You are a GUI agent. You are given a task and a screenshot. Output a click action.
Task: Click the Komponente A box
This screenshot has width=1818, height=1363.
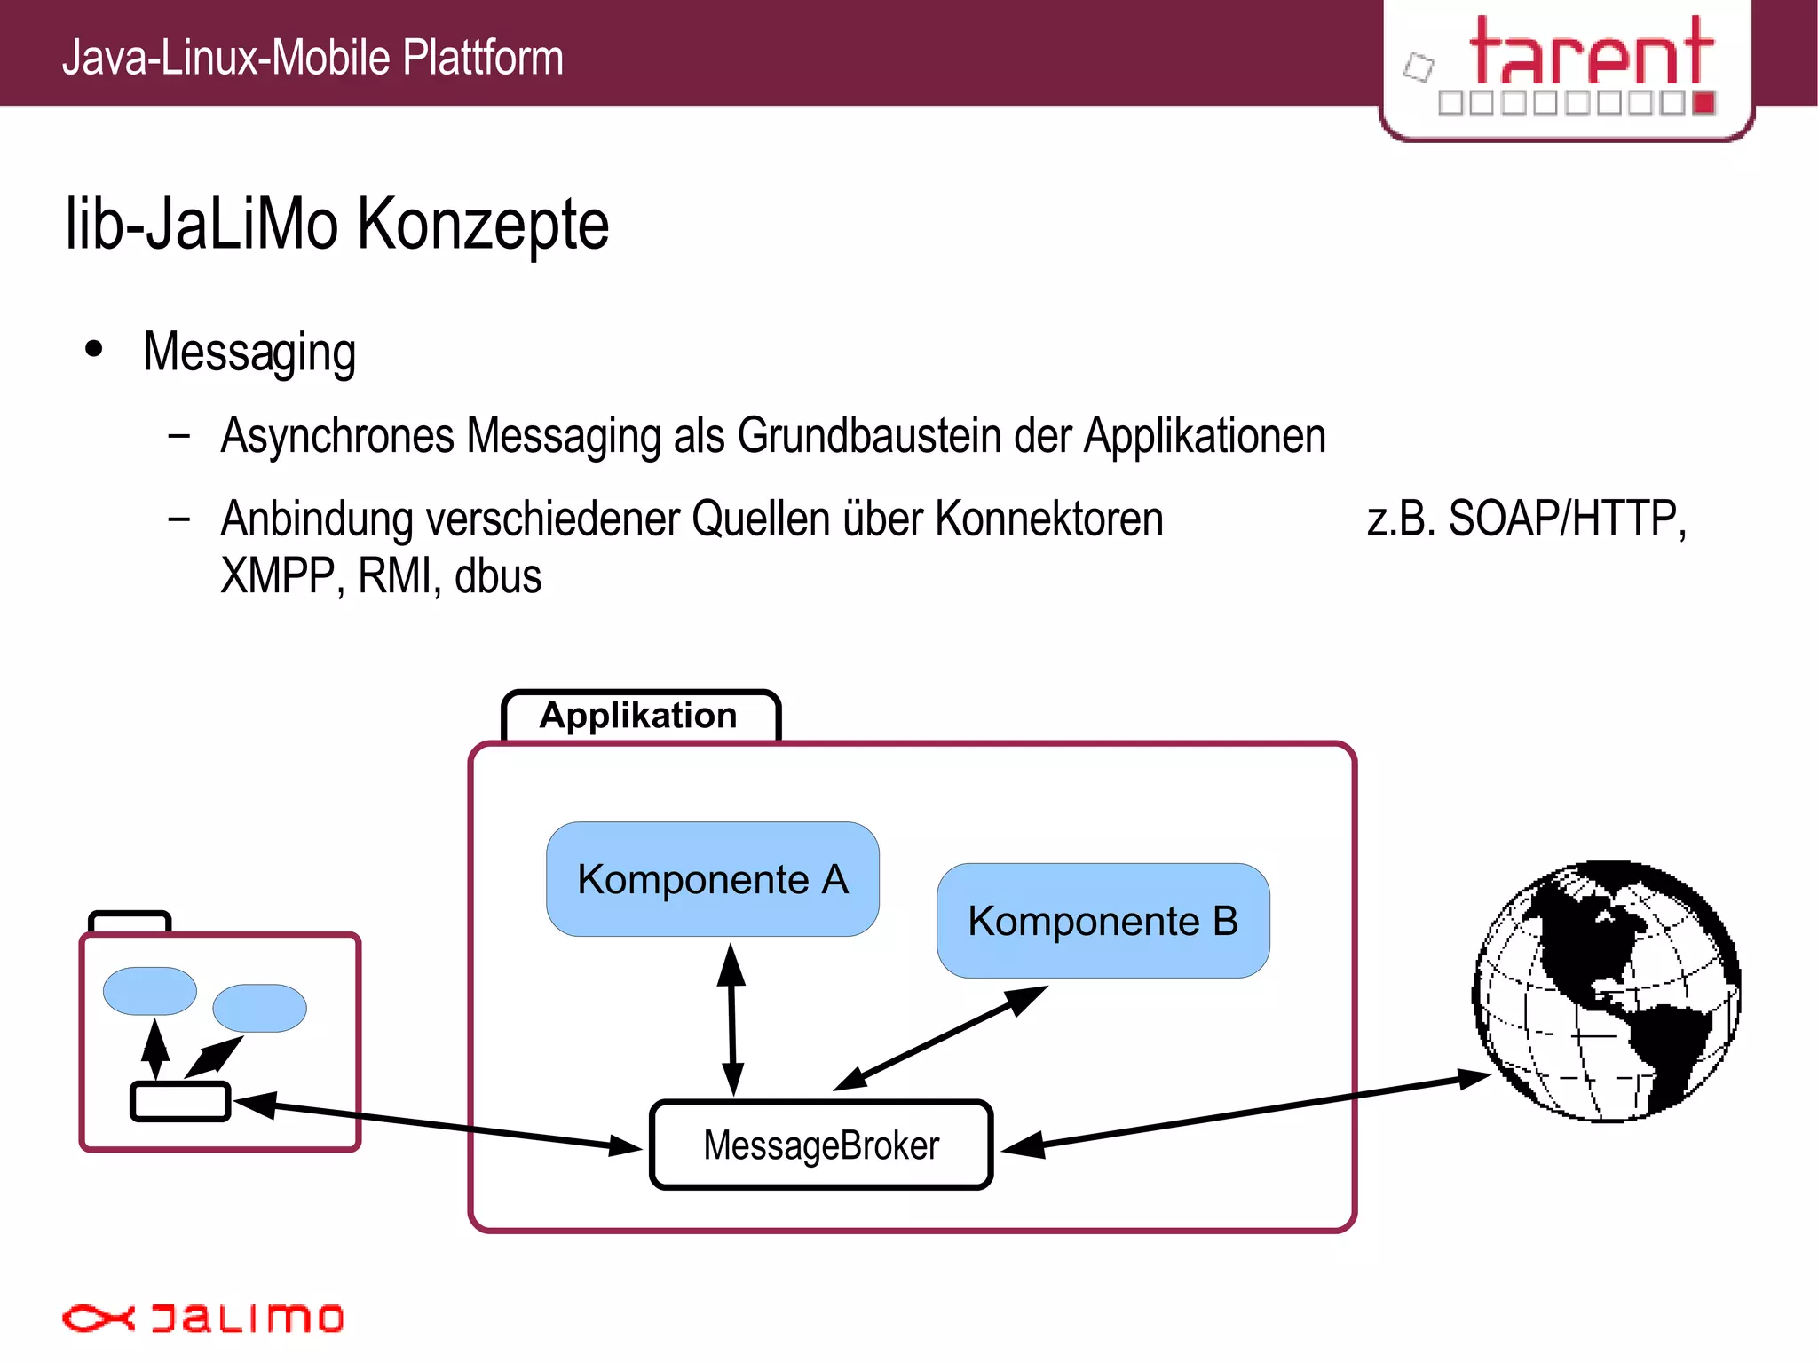tap(712, 879)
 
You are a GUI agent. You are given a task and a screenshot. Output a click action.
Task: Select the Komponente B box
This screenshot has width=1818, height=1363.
tap(1103, 921)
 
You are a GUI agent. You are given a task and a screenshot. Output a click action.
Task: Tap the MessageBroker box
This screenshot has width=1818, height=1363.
tap(820, 1145)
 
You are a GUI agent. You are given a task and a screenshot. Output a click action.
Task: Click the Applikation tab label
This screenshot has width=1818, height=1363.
tap(639, 716)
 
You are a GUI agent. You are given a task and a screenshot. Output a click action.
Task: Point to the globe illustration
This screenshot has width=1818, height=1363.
tap(1607, 991)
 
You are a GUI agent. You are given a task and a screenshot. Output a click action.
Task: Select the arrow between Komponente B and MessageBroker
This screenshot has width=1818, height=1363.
tap(941, 1038)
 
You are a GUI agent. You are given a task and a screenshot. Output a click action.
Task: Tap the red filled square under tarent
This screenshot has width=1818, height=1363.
tap(1703, 103)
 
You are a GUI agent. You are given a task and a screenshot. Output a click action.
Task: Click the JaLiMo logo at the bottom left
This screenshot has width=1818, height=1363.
tap(202, 1318)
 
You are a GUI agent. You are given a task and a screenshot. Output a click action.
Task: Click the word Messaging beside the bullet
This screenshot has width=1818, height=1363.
tap(249, 353)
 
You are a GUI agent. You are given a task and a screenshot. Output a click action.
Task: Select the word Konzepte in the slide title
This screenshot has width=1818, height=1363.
tap(483, 225)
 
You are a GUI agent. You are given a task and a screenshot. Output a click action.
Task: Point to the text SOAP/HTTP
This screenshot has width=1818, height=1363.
tap(1567, 519)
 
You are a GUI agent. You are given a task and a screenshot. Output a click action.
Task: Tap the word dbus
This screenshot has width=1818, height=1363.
tap(498, 576)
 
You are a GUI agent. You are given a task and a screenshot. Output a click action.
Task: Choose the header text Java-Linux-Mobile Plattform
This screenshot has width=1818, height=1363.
tap(312, 58)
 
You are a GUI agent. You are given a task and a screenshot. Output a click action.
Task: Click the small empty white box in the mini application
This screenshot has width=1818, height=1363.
tap(180, 1101)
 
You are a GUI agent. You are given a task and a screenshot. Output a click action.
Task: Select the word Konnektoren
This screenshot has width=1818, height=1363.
tap(1048, 519)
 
